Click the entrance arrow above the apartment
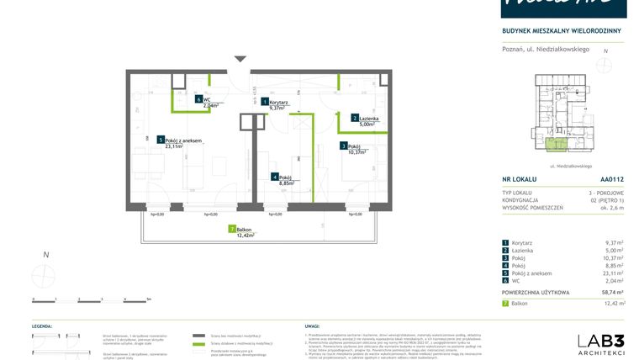(x=240, y=59)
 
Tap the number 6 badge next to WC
(x=198, y=98)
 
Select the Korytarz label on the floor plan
(x=281, y=101)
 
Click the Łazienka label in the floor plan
(x=371, y=118)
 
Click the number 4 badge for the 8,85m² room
(x=274, y=177)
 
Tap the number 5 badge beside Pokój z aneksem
(x=160, y=140)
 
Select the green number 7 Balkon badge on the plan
(x=231, y=229)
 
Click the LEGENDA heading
(x=43, y=324)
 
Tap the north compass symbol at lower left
(x=45, y=274)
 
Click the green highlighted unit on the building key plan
(x=554, y=145)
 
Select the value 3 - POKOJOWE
(x=607, y=193)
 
